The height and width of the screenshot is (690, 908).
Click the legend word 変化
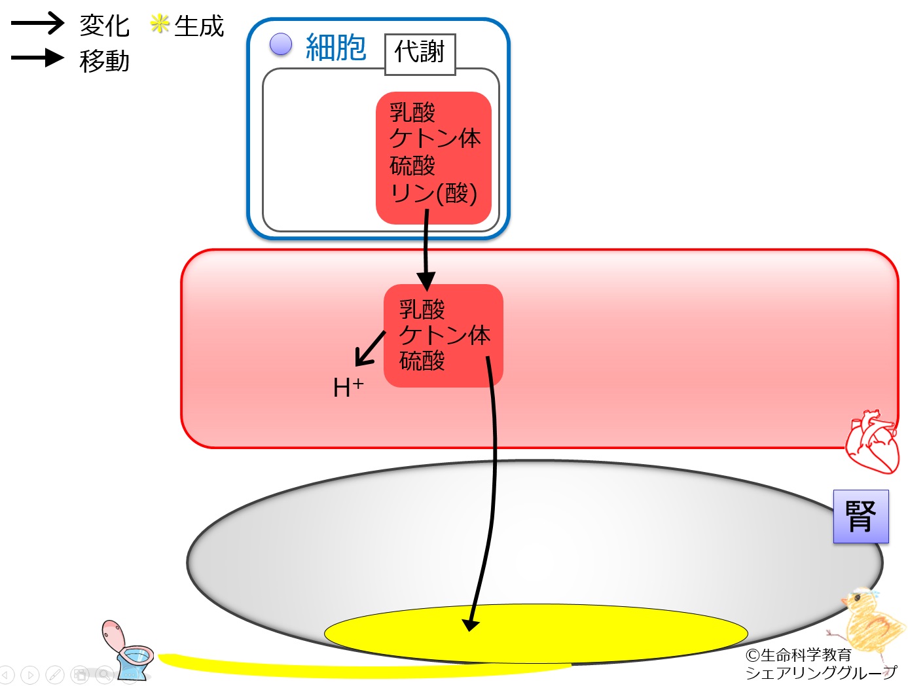pyautogui.click(x=104, y=26)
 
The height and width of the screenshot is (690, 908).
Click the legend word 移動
pyautogui.click(x=104, y=61)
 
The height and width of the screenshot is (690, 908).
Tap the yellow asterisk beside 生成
pyautogui.click(x=159, y=24)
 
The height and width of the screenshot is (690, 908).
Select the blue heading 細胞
pyautogui.click(x=335, y=47)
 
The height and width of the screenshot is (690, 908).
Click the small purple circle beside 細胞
pyautogui.click(x=280, y=45)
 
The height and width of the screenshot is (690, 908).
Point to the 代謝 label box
pyautogui.click(x=420, y=54)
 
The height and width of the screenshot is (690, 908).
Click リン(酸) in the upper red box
pyautogui.click(x=433, y=192)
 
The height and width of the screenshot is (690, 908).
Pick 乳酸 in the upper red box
pyautogui.click(x=412, y=112)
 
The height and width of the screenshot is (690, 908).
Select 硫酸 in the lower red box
pyautogui.click(x=422, y=360)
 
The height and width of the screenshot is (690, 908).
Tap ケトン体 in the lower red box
pyautogui.click(x=445, y=335)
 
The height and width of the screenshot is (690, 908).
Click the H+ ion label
pyautogui.click(x=348, y=387)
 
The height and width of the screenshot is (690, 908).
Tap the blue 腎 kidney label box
pyautogui.click(x=861, y=517)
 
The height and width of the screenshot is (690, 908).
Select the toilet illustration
pyautogui.click(x=128, y=651)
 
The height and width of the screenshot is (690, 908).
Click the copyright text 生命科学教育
pyautogui.click(x=805, y=655)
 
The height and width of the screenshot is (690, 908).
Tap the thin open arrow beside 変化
pyautogui.click(x=37, y=23)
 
